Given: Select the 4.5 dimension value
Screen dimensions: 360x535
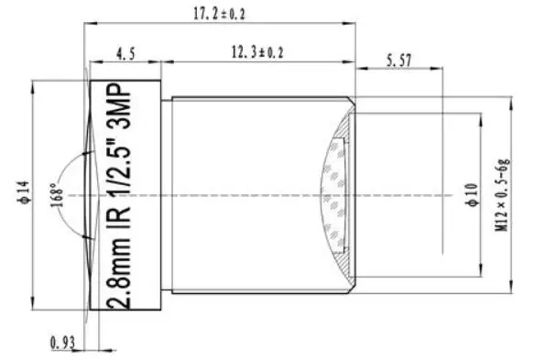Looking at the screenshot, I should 126,54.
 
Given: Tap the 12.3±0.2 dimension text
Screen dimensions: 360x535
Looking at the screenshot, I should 257,53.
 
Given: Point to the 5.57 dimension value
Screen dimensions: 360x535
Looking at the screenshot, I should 401,60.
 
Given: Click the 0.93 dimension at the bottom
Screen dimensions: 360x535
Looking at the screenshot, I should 63,343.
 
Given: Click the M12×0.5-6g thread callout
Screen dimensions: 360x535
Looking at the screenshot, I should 502,196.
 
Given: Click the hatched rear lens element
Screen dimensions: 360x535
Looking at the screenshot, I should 335,195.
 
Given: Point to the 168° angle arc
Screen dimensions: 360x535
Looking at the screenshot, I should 64,169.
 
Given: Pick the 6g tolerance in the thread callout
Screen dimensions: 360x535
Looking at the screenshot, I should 502,166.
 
